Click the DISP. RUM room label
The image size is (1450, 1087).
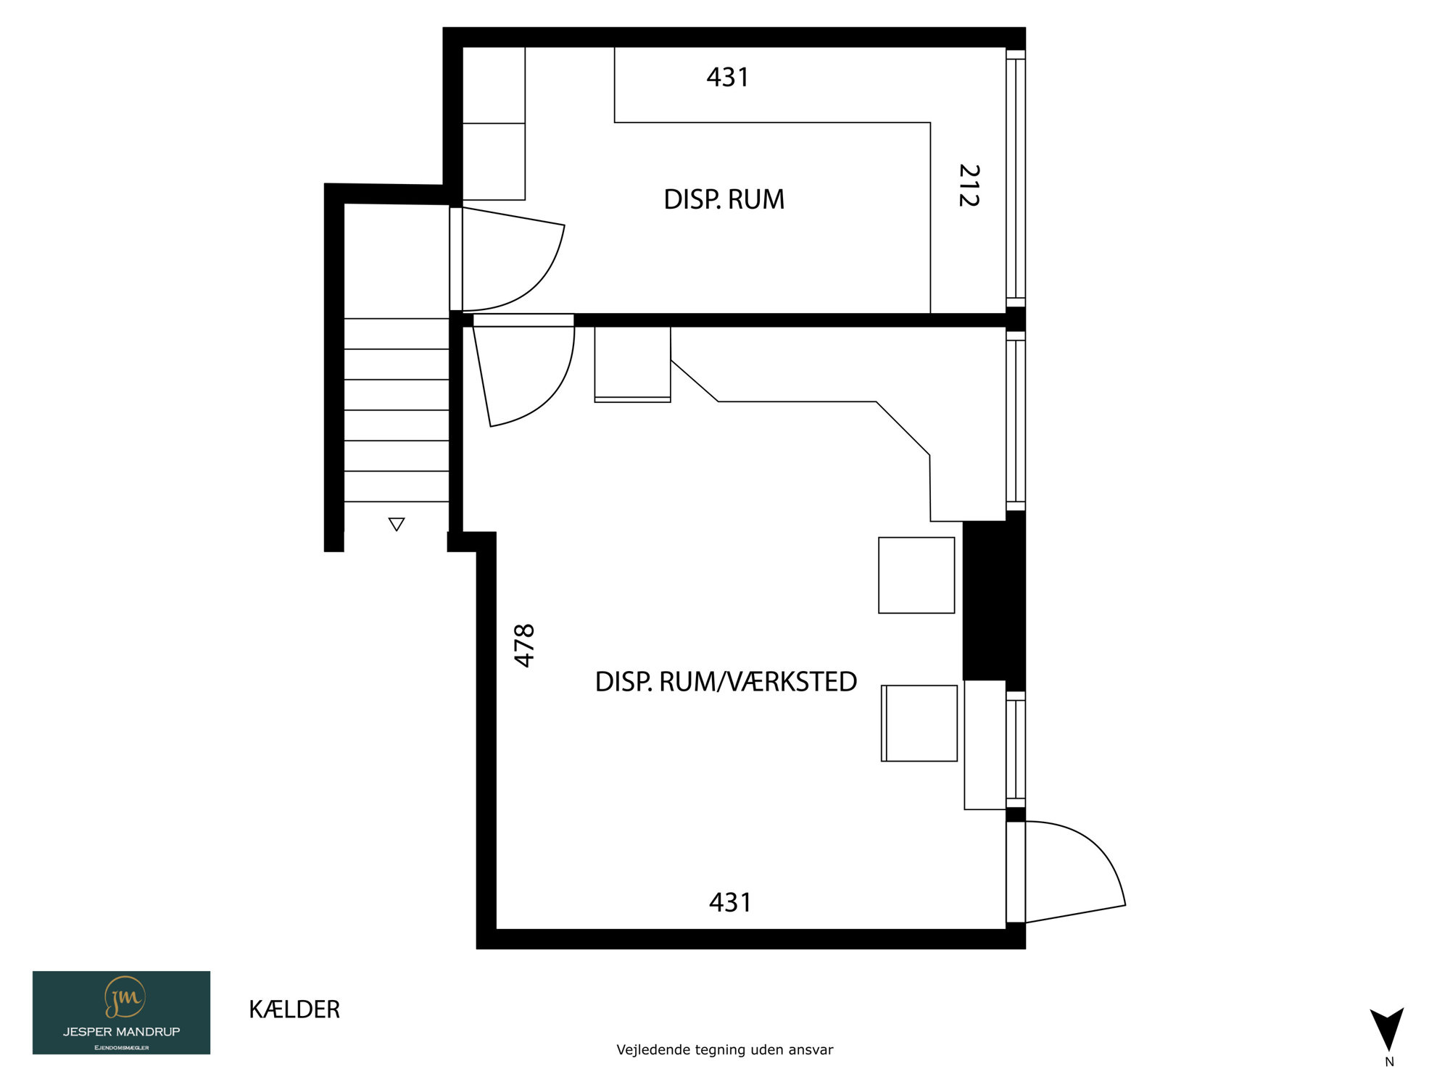point(724,199)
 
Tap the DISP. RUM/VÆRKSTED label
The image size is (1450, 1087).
point(726,682)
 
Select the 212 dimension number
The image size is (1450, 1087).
point(969,186)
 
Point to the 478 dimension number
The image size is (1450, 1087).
point(524,645)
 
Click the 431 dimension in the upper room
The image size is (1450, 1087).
point(728,77)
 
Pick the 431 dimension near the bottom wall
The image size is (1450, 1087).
point(730,902)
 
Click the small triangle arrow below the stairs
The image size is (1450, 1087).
point(396,524)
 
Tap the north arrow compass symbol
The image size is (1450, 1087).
point(1386,1029)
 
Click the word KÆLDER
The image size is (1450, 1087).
point(294,1009)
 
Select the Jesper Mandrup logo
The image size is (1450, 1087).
point(121,1012)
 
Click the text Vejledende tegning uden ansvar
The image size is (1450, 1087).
point(725,1049)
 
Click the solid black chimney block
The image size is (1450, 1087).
point(994,601)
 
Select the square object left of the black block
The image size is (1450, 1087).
point(916,575)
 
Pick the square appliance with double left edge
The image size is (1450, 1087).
point(919,723)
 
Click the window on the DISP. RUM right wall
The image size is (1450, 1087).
point(1016,178)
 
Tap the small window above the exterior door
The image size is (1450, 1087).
point(1016,749)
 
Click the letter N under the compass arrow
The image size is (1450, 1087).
point(1389,1062)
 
